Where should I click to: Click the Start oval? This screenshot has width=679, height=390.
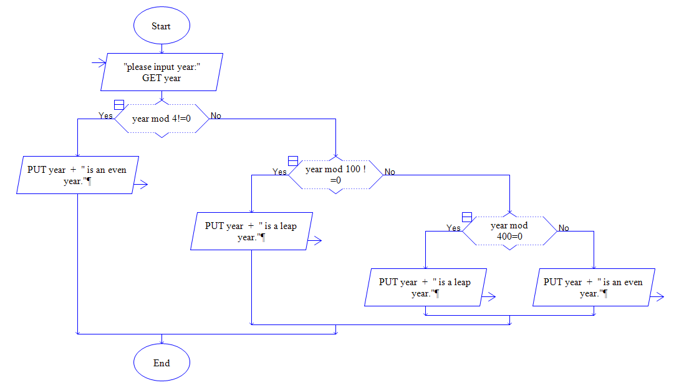[x=161, y=26]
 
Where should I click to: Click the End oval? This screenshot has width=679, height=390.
[x=161, y=363]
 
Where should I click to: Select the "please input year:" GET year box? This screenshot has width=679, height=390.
[x=161, y=72]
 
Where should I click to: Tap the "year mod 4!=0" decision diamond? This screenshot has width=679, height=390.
[x=161, y=119]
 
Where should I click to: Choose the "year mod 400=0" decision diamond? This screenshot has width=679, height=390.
[x=509, y=231]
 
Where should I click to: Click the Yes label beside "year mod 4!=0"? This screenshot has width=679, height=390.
[x=106, y=115]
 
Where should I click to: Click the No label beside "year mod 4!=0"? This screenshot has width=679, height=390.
[x=216, y=115]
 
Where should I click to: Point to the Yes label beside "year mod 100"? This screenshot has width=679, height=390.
[x=280, y=172]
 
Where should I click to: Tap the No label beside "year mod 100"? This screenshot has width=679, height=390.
[x=390, y=172]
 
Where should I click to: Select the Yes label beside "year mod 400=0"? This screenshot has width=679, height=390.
[x=454, y=228]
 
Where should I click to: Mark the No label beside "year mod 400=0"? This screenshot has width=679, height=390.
[x=564, y=228]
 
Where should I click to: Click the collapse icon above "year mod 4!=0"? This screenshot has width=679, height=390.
[x=118, y=104]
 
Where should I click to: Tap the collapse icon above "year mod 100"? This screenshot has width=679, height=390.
[x=292, y=160]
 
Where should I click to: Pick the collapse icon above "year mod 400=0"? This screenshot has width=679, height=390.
[x=466, y=217]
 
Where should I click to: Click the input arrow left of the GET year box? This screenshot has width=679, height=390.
[x=98, y=62]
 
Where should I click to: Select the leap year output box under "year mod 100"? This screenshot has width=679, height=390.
[x=251, y=232]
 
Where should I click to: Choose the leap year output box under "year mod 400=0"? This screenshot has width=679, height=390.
[x=425, y=288]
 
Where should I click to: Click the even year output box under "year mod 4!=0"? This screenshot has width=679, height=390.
[x=77, y=175]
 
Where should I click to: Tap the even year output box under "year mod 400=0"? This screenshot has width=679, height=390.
[x=594, y=288]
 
